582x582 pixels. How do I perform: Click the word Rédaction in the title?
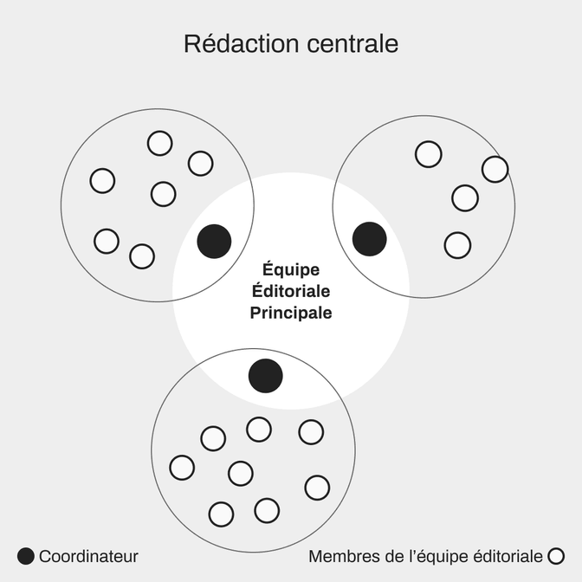(x=230, y=44)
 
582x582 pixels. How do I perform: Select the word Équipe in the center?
(x=291, y=270)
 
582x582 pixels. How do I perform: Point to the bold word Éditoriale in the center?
(x=291, y=291)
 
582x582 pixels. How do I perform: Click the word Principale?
(x=291, y=313)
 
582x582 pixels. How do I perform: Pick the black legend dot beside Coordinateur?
(x=26, y=556)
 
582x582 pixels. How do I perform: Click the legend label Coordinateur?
(x=88, y=556)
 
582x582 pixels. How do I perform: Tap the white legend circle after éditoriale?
(x=556, y=556)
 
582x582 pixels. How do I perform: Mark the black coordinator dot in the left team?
(x=214, y=241)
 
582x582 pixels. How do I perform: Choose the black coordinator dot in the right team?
(x=370, y=239)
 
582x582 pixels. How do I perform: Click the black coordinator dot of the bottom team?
(x=266, y=376)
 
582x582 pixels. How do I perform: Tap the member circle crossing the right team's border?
(x=495, y=169)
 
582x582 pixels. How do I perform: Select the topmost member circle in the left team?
(x=159, y=143)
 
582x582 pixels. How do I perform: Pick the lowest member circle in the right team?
(x=457, y=245)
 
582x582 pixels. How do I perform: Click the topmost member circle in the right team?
(x=428, y=154)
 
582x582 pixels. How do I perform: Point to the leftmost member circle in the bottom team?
(x=182, y=468)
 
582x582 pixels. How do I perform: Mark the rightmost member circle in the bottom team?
(x=317, y=488)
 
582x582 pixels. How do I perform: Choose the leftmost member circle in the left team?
(x=102, y=181)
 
